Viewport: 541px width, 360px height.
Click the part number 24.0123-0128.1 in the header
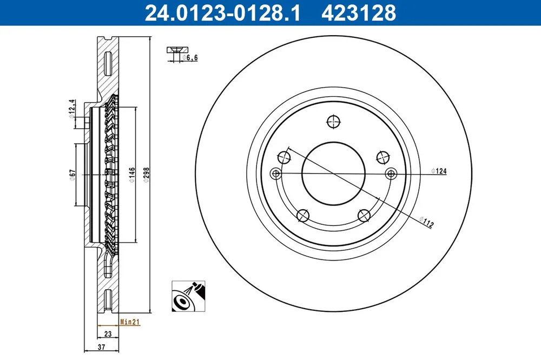223,13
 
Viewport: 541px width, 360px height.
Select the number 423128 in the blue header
359,13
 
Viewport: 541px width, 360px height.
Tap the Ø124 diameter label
439,171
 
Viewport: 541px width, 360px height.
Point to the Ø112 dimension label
426,222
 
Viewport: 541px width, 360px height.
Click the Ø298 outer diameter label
146,175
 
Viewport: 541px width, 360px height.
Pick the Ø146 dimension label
132,175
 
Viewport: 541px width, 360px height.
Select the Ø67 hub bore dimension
72,175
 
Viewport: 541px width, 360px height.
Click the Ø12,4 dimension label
72,109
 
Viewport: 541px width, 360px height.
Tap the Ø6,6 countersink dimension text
190,58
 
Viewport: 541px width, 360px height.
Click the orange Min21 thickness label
130,322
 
